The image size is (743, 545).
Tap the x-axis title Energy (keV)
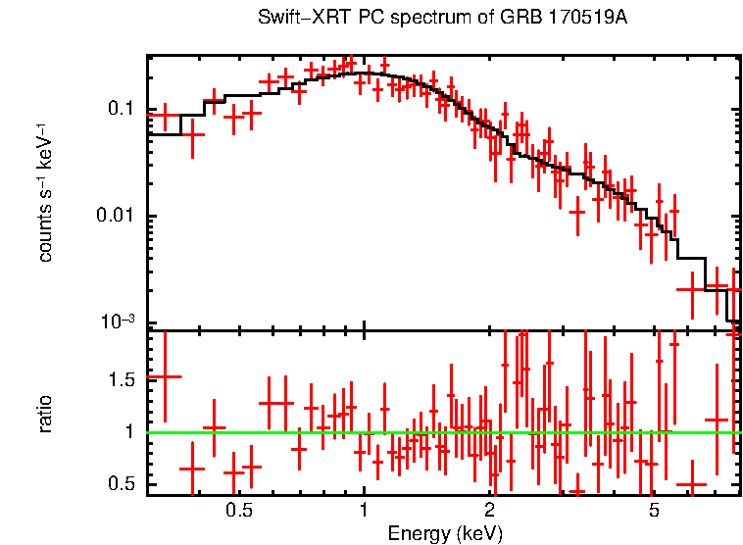pos(445,534)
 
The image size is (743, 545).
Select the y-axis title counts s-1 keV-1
pos(45,192)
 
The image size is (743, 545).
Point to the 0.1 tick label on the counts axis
pos(120,108)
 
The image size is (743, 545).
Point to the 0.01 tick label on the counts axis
pos(116,216)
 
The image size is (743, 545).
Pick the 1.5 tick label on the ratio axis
pos(120,379)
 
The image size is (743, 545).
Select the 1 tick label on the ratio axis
pos(127,431)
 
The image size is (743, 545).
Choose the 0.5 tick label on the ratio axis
pos(120,484)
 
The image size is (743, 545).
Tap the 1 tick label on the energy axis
pos(364,511)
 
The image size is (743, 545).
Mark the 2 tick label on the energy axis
pos(489,511)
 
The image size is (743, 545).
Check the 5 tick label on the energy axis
pos(654,511)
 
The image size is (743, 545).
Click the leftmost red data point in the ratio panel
pos(164,376)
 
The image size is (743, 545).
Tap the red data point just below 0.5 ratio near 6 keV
pos(692,485)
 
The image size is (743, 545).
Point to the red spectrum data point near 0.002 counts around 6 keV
pos(692,289)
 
